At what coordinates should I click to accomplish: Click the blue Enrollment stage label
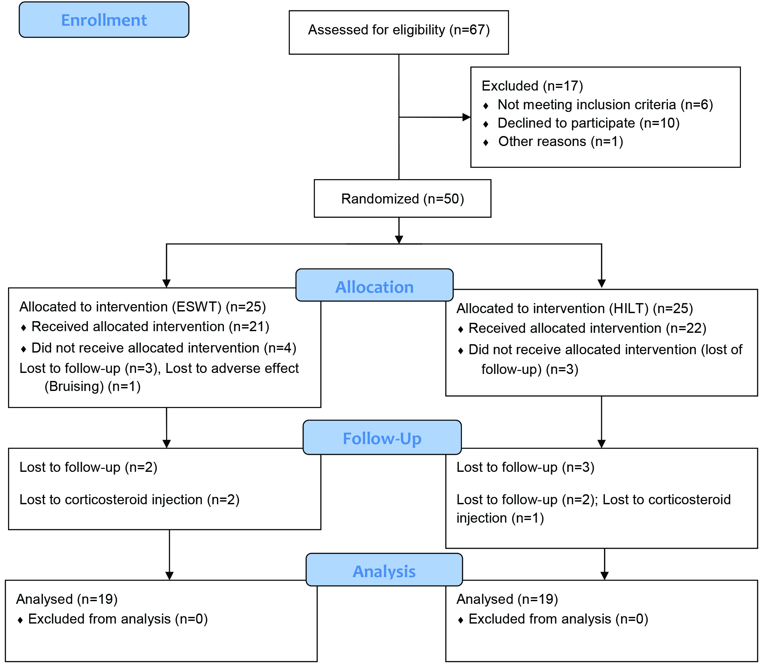click(104, 20)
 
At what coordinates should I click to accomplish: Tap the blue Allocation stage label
click(374, 285)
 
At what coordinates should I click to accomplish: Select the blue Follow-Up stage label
click(382, 437)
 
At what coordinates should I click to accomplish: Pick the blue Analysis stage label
click(384, 570)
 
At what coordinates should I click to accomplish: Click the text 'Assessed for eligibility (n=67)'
click(399, 30)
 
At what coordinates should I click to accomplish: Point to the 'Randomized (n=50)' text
click(402, 199)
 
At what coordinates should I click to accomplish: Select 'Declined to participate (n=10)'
click(589, 123)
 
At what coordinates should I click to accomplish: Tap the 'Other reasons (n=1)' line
click(561, 142)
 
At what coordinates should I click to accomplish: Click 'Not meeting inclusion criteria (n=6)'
click(606, 105)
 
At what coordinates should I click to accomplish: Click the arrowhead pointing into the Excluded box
click(467, 117)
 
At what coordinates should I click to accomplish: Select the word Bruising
click(74, 386)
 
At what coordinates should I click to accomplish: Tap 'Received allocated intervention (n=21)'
click(150, 327)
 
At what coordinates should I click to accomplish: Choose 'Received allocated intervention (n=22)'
click(588, 328)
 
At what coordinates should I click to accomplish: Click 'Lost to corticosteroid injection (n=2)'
click(129, 500)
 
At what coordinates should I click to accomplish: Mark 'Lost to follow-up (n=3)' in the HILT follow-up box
click(525, 467)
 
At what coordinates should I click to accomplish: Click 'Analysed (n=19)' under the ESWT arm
click(67, 599)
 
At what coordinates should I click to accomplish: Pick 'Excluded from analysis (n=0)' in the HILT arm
click(558, 619)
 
